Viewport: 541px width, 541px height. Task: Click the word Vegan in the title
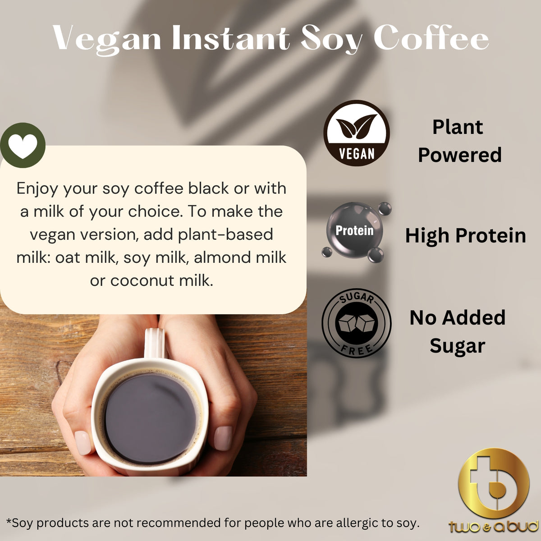point(107,38)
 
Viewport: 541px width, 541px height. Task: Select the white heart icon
point(23,146)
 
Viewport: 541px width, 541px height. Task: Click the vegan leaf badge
point(357,133)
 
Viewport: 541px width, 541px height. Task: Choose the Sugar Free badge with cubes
point(356,323)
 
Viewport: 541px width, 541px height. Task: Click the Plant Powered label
point(459,141)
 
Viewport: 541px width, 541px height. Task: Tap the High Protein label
point(465,236)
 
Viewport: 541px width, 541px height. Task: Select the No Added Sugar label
point(457,332)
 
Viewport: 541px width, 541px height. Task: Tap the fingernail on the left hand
point(83,442)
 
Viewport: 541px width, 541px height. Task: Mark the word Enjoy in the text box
point(38,188)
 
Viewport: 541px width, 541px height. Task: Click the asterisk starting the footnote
point(9,522)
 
